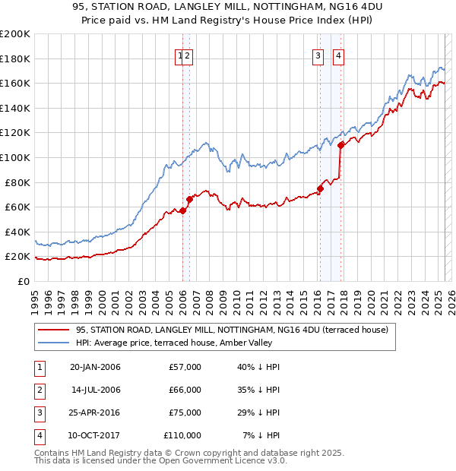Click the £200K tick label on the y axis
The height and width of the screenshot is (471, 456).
click(15, 34)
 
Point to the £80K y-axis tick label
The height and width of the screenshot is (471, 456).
click(17, 182)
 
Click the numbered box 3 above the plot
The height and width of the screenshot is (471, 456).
click(317, 55)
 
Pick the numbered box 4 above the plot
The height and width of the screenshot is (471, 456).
click(338, 55)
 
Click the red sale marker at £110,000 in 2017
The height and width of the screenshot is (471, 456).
click(341, 144)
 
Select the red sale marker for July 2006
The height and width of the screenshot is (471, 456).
click(190, 199)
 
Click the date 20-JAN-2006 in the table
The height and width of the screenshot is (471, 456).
click(95, 367)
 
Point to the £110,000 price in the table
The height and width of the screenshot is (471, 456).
click(182, 435)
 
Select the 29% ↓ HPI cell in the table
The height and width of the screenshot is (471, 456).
click(259, 413)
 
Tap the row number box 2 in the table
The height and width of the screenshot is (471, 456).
click(39, 390)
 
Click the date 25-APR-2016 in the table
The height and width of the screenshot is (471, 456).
click(95, 413)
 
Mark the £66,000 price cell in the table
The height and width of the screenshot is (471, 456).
click(185, 390)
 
